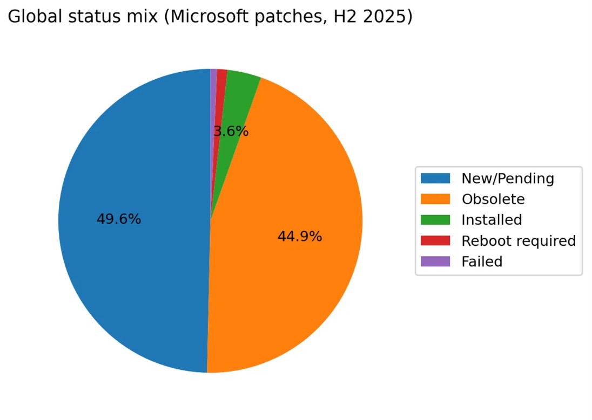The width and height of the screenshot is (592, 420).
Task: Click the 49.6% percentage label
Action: (x=119, y=219)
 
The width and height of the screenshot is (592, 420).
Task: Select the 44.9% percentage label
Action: (x=300, y=236)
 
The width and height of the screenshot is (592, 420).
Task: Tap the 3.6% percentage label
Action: (x=231, y=131)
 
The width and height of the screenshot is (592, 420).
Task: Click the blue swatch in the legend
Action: (x=435, y=178)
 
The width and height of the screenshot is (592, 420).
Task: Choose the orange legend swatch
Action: (x=435, y=199)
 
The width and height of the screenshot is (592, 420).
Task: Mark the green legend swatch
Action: (x=435, y=220)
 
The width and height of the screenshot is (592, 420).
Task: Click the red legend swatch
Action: (x=435, y=240)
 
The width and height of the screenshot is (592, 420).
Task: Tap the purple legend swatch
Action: (x=435, y=261)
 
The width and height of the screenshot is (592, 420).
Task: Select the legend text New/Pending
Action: (x=508, y=178)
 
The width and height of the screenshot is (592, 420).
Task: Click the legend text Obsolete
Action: (x=493, y=199)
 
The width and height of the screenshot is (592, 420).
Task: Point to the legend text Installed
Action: (x=492, y=220)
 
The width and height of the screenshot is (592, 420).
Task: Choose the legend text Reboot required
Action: (x=519, y=240)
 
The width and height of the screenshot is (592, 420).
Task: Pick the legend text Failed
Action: (x=482, y=261)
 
